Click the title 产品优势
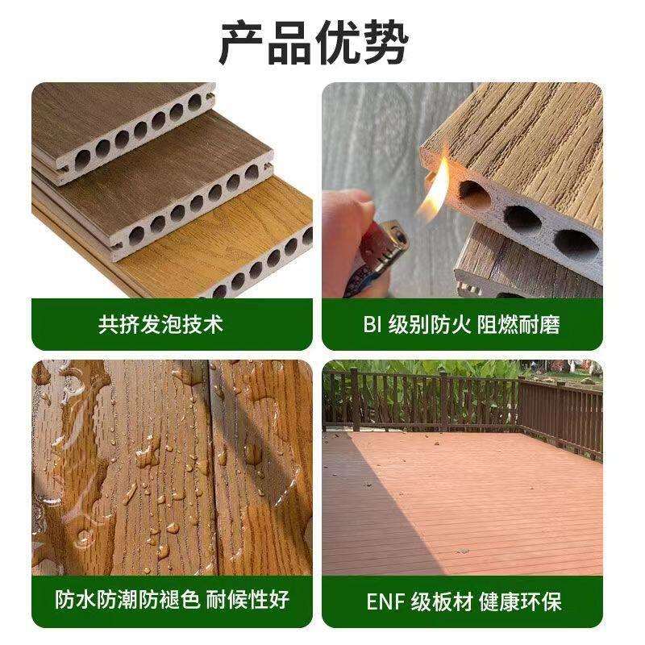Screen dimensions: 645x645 (x=314, y=43)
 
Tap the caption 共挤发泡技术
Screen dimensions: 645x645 (x=160, y=325)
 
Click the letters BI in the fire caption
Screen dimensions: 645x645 (x=372, y=325)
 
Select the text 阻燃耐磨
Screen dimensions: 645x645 (x=518, y=325)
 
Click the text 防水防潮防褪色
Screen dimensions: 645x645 (x=128, y=600)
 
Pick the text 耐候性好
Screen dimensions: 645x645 (x=248, y=600)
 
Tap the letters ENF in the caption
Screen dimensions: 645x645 (x=385, y=601)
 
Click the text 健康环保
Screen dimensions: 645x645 (x=520, y=601)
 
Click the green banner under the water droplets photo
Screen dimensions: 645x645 (x=172, y=601)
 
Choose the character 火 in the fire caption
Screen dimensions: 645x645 (x=461, y=325)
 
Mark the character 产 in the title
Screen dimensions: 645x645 (x=241, y=43)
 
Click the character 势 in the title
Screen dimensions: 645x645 (x=386, y=43)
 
